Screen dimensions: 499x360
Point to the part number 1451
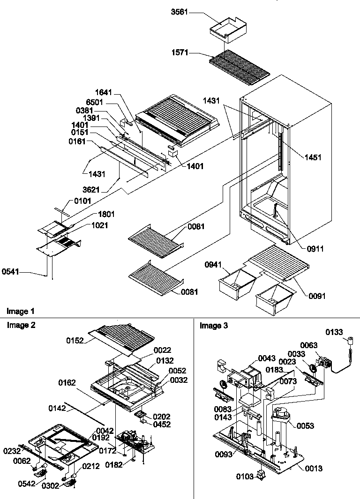313,157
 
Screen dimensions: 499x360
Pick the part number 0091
317,296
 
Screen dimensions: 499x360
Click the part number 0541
10,270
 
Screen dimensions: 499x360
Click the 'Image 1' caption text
21,311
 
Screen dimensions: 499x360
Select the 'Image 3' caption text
214,326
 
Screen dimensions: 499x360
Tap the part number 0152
75,341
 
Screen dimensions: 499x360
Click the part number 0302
51,486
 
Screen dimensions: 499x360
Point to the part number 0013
313,468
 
